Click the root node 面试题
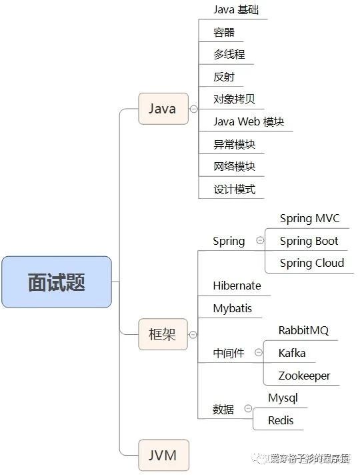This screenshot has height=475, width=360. pos(56,282)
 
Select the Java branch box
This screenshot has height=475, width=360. pos(163,109)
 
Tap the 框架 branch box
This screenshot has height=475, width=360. pos(163,334)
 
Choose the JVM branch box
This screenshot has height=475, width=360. pos(163,456)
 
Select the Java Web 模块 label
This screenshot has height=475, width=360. pos(249,121)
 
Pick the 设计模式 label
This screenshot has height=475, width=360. pos(234,189)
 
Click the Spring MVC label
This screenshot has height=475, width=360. pos(309,218)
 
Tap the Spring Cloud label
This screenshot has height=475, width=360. pos(312,263)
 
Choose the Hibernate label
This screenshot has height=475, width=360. pos(237,286)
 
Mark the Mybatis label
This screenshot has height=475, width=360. pos(232,308)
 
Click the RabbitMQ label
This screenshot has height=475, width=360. pos(303,330)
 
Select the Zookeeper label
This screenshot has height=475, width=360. pos(304,376)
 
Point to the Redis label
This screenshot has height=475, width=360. pos(281,420)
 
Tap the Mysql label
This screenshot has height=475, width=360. pos(283,398)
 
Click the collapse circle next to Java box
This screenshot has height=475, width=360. pos(193,109)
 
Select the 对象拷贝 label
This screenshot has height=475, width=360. pos(234,99)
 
